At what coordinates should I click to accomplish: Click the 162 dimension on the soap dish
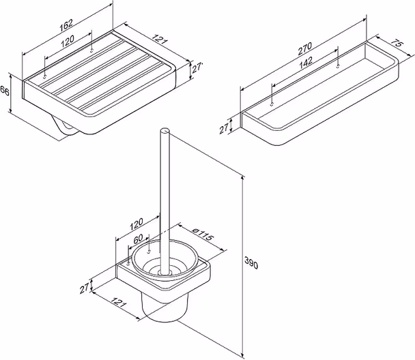coord(66,24)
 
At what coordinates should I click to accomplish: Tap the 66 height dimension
coord(5,91)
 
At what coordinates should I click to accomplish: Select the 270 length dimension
coord(305,48)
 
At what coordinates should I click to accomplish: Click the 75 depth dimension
coord(395,44)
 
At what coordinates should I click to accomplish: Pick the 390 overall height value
coord(251,262)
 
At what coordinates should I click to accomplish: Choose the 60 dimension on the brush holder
coord(138,239)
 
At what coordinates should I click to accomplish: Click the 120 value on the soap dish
coord(68,41)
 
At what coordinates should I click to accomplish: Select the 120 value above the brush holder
coord(137,224)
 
